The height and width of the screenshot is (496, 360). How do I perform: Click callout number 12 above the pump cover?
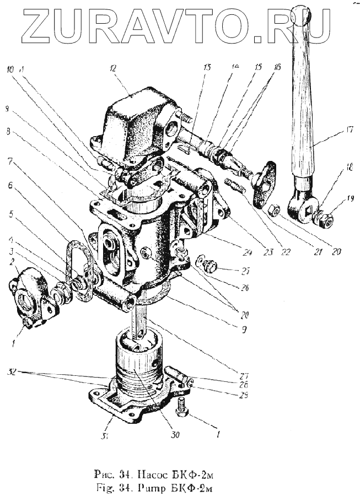(x=113, y=70)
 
